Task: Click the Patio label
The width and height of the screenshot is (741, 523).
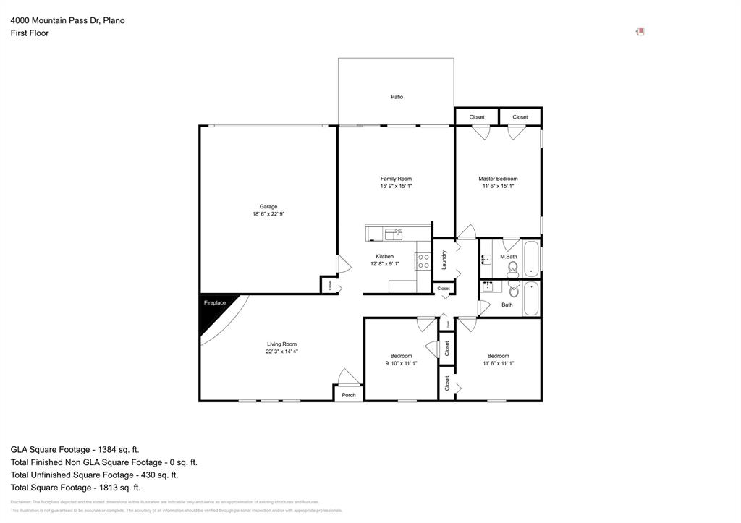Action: pyautogui.click(x=397, y=97)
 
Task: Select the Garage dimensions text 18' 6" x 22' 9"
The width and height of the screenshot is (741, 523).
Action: pyautogui.click(x=268, y=214)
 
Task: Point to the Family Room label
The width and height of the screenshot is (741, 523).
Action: pyautogui.click(x=396, y=179)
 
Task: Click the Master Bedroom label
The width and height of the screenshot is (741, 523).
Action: pyautogui.click(x=498, y=179)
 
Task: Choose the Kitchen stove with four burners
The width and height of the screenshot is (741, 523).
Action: pyautogui.click(x=423, y=261)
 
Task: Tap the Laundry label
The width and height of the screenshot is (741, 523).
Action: pyautogui.click(x=444, y=259)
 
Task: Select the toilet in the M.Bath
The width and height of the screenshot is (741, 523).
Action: pyautogui.click(x=513, y=270)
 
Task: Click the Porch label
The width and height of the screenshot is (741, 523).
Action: pyautogui.click(x=349, y=395)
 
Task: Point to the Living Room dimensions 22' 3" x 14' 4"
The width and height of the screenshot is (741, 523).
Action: pyautogui.click(x=281, y=352)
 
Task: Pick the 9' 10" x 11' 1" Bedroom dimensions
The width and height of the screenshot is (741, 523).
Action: pyautogui.click(x=401, y=363)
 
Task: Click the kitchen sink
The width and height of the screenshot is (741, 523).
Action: pyautogui.click(x=393, y=233)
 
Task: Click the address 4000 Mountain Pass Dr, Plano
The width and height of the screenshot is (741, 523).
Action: pyautogui.click(x=67, y=20)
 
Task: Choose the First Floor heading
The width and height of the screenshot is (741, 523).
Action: pyautogui.click(x=30, y=33)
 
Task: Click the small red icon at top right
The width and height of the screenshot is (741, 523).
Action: pyautogui.click(x=640, y=32)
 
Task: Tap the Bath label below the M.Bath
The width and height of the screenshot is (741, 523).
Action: pyautogui.click(x=507, y=305)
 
